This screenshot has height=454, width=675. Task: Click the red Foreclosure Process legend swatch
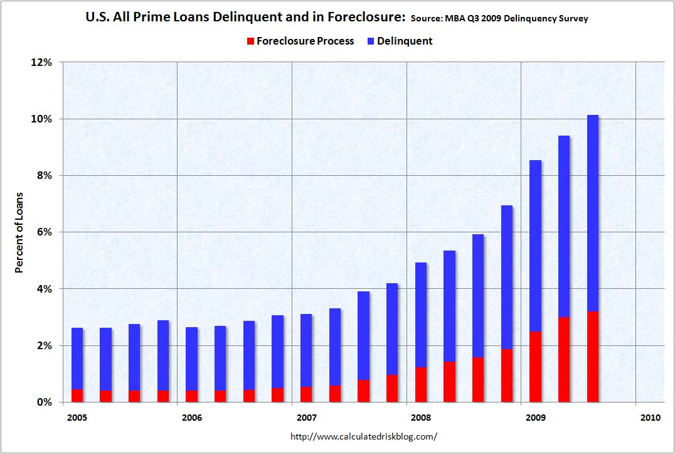point(250,41)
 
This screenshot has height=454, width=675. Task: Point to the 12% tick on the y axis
point(41,62)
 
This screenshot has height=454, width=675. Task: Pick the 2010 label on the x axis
point(649,417)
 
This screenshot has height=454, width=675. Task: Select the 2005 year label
point(76,417)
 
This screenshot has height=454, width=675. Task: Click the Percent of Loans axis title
point(19,232)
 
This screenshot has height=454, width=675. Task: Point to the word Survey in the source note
point(573,19)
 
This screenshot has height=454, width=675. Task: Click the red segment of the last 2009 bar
point(592,357)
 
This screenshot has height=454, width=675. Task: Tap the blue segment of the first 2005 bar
point(77,358)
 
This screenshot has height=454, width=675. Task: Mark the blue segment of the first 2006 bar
point(191,359)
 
